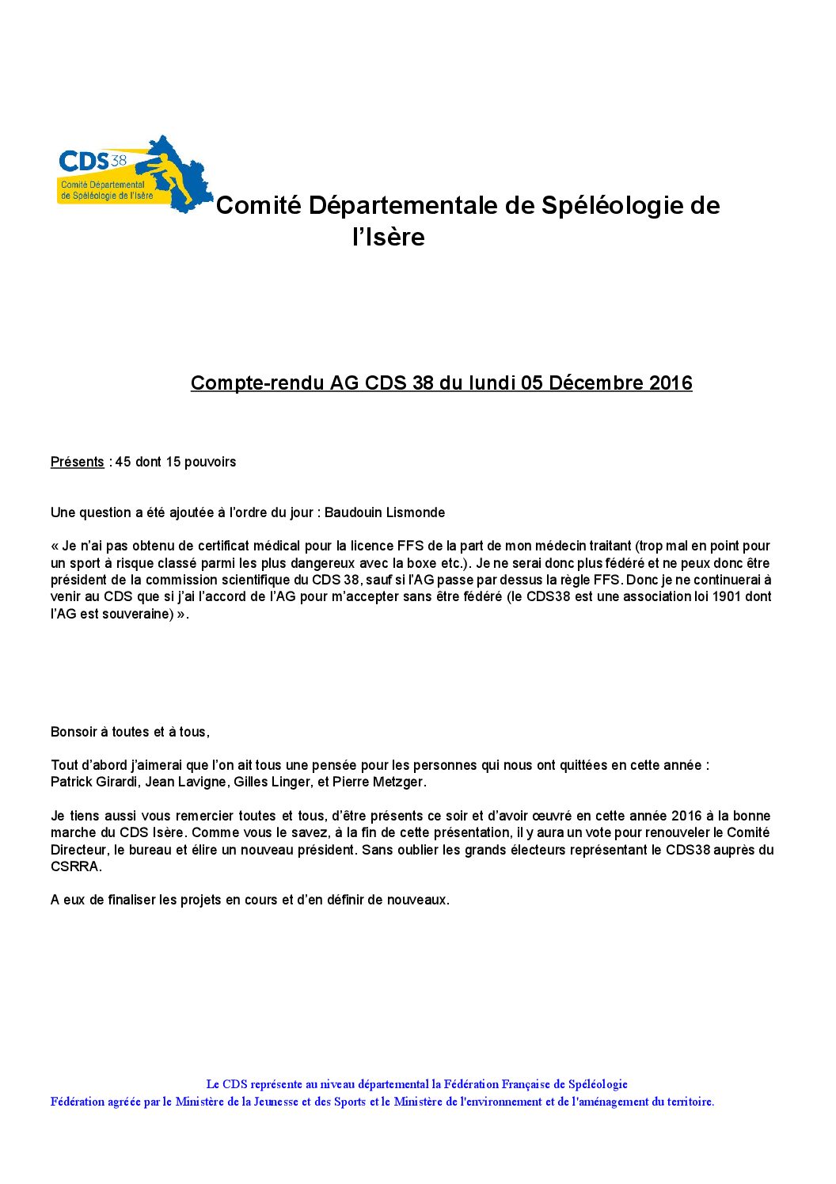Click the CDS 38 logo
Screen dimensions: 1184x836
pyautogui.click(x=134, y=175)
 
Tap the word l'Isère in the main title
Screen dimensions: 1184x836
pyautogui.click(x=389, y=238)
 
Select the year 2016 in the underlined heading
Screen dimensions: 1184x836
pyautogui.click(x=671, y=383)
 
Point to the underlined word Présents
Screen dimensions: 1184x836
pyautogui.click(x=77, y=463)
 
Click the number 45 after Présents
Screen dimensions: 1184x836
pyautogui.click(x=123, y=463)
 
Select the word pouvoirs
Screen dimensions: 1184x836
pyautogui.click(x=211, y=463)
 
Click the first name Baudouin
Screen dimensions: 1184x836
pyautogui.click(x=353, y=513)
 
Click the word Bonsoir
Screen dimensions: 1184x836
pyautogui.click(x=74, y=733)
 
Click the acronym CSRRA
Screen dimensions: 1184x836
pyautogui.click(x=75, y=867)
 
